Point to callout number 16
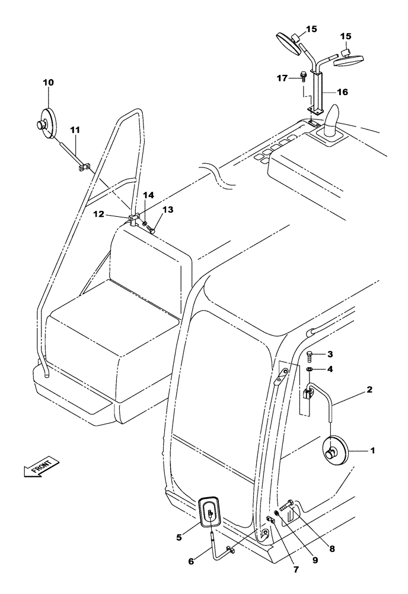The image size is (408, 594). pyautogui.click(x=343, y=92)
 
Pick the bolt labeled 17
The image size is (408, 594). pyautogui.click(x=304, y=76)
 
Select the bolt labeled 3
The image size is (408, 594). pyautogui.click(x=310, y=356)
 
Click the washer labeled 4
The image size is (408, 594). pyautogui.click(x=310, y=370)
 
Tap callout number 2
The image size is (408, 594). pyautogui.click(x=370, y=390)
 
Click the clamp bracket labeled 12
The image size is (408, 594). pyautogui.click(x=134, y=219)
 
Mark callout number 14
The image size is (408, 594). pyautogui.click(x=148, y=195)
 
